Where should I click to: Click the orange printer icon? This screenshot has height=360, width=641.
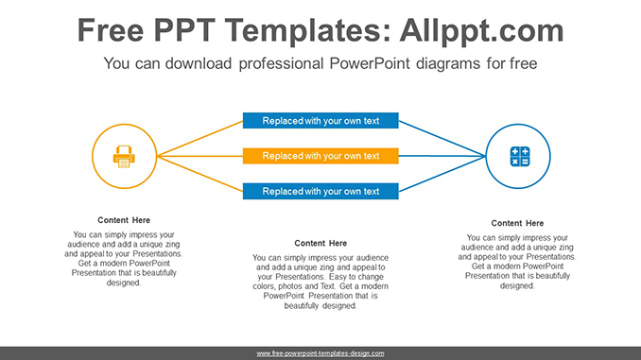pyautogui.click(x=124, y=156)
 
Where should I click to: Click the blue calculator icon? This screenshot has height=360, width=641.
pyautogui.click(x=519, y=156)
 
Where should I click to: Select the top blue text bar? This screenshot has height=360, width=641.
pyautogui.click(x=320, y=121)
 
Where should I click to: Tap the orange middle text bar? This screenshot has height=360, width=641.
pyautogui.click(x=320, y=156)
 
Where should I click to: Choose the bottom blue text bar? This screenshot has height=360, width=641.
pyautogui.click(x=320, y=191)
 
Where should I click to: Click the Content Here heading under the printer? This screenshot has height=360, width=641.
pyautogui.click(x=124, y=220)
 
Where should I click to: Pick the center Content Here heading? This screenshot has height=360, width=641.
pyautogui.click(x=320, y=243)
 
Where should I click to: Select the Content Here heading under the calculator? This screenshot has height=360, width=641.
pyautogui.click(x=518, y=223)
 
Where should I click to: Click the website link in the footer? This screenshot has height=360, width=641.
pyautogui.click(x=320, y=352)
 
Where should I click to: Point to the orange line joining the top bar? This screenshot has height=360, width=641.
pyautogui.click(x=199, y=138)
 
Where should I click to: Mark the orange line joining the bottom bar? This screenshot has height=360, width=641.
pyautogui.click(x=199, y=173)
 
